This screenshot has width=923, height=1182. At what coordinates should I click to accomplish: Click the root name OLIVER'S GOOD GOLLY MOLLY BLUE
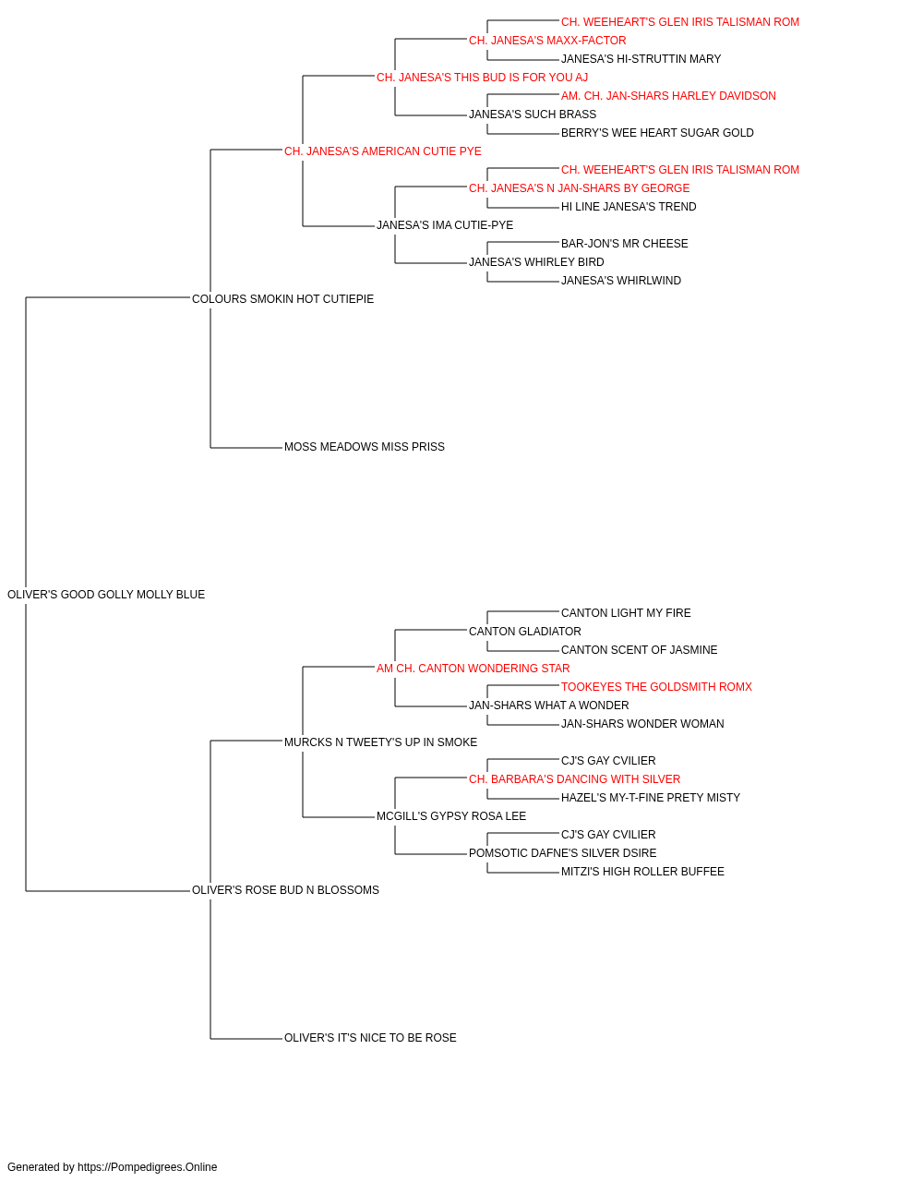106,595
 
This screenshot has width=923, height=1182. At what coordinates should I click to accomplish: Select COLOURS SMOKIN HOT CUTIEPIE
282,299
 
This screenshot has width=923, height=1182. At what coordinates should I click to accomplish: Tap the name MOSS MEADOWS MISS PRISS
365,447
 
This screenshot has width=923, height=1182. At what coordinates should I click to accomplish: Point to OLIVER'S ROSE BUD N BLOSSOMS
285,890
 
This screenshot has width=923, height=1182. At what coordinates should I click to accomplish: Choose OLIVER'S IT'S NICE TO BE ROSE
370,1038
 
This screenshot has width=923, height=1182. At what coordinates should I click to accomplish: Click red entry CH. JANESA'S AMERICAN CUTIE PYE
383,151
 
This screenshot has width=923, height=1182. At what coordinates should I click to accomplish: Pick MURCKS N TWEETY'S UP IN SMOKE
380,742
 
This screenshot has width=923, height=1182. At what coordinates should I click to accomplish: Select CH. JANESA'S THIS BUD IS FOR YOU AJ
482,78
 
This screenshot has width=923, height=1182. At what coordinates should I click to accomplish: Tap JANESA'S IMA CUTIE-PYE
445,225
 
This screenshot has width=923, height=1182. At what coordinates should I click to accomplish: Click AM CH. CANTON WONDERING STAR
473,669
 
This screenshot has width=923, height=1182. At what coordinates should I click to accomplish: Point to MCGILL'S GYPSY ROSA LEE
451,816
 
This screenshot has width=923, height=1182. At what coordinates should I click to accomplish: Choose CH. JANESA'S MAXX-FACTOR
547,41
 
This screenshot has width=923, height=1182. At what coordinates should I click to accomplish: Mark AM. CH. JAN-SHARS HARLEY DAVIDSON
668,96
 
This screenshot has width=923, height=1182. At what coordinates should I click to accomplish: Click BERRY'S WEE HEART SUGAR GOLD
657,133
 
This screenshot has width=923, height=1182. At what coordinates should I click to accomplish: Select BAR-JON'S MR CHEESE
625,244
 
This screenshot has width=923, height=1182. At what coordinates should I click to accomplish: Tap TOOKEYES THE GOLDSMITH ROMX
656,687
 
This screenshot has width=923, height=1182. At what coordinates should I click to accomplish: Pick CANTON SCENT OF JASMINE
640,650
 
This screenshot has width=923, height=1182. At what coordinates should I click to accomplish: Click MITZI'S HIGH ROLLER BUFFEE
642,872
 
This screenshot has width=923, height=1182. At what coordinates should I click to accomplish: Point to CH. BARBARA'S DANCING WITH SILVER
574,779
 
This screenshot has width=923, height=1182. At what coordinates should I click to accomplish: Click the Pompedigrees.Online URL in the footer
148,1167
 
